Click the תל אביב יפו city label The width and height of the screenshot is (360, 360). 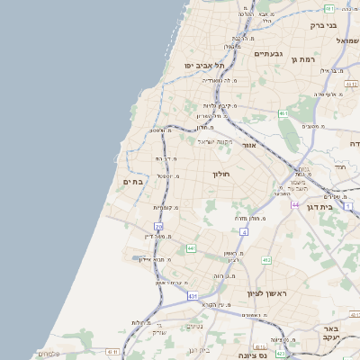pyautogui.click(x=205, y=66)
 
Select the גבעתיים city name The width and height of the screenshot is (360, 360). pyautogui.click(x=268, y=54)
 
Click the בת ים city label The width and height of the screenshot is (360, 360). pyautogui.click(x=133, y=181)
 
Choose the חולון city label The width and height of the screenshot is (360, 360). pyautogui.click(x=221, y=173)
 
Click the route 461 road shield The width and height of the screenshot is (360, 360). pyautogui.click(x=283, y=113)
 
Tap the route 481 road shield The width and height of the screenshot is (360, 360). pyautogui.click(x=330, y=8)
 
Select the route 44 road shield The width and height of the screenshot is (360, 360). pyautogui.click(x=295, y=205)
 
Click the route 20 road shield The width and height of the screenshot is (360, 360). pyautogui.click(x=158, y=226)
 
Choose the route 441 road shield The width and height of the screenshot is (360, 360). pyautogui.click(x=191, y=247)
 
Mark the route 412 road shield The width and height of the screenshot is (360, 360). pyautogui.click(x=266, y=260)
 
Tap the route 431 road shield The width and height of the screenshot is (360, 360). pyautogui.click(x=193, y=294)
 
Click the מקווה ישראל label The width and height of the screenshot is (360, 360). pyautogui.click(x=216, y=141)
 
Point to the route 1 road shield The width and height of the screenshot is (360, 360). pyautogui.click(x=347, y=206)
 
